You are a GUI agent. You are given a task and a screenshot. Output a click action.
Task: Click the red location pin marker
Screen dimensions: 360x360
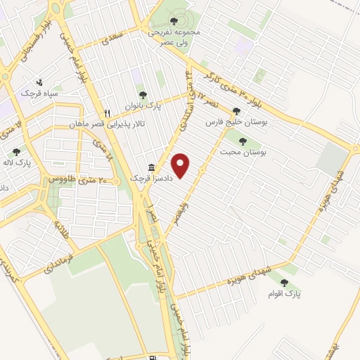click(182, 165)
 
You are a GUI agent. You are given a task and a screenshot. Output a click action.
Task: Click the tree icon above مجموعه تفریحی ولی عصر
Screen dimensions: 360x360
click(174, 21)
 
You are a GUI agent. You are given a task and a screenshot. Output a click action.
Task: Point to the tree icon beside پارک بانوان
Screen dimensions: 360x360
click(143, 94)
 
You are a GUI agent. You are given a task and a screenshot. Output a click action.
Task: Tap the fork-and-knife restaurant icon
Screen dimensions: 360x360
click(107, 112)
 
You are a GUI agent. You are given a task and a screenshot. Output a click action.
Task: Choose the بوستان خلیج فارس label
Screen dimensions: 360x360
click(229, 122)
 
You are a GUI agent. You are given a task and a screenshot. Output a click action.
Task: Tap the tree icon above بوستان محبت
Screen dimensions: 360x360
click(243, 141)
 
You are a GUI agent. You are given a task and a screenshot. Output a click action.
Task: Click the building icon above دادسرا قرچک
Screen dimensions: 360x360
click(152, 167)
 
